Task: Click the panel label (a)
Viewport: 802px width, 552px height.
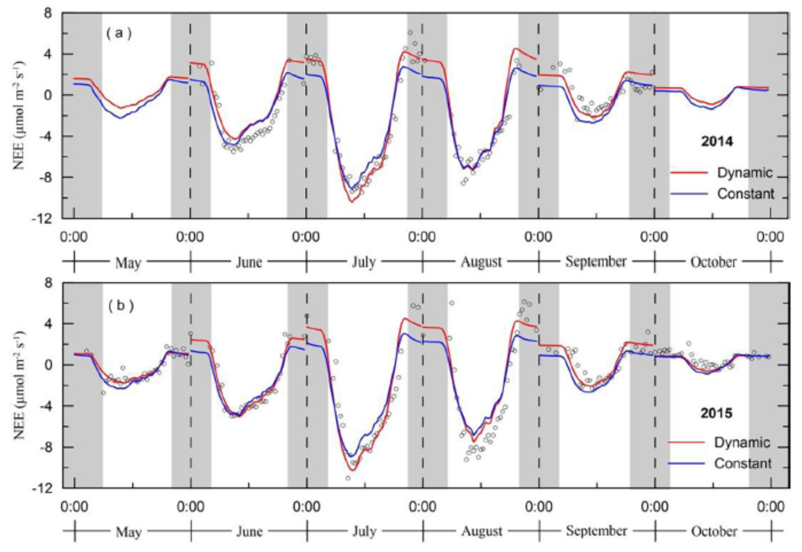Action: coord(119,33)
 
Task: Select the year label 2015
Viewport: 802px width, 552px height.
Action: coord(718,414)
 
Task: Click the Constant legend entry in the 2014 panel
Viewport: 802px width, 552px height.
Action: coord(740,194)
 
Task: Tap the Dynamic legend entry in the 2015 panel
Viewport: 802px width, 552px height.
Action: coord(741,442)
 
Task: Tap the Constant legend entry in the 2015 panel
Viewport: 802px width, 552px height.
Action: coord(741,463)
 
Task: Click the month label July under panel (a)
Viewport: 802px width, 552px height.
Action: coord(364,262)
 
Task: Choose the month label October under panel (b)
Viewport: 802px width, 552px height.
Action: coord(713,531)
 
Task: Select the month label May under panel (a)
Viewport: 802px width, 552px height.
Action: coord(130,262)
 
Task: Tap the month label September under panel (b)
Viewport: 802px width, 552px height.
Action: coord(596,531)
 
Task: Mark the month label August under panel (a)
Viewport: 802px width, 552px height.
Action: coord(481,262)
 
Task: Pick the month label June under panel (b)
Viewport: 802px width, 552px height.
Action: coord(248,531)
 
